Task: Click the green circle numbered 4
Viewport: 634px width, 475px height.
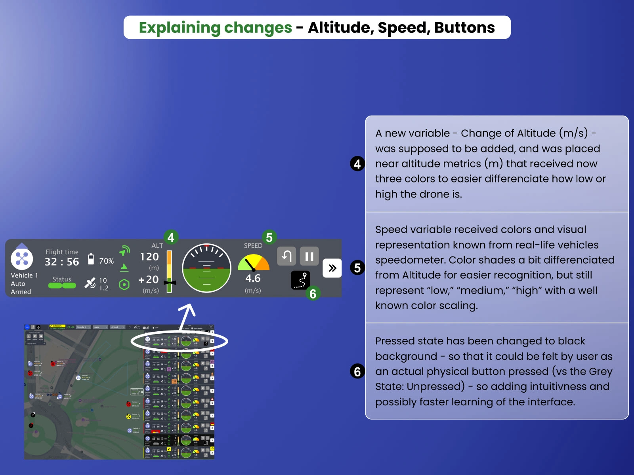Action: [171, 237]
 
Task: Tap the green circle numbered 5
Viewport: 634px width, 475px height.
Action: [269, 237]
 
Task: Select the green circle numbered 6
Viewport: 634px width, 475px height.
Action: [313, 293]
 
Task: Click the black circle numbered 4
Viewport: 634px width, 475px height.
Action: [357, 163]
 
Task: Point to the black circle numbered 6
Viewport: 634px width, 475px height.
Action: [357, 371]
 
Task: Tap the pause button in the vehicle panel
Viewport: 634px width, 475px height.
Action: [309, 256]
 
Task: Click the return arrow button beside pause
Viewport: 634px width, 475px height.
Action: [286, 256]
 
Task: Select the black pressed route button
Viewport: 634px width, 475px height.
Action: [300, 280]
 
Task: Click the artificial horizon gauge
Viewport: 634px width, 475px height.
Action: [206, 268]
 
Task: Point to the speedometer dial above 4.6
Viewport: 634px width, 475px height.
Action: [253, 262]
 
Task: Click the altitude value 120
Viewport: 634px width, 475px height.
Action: [149, 257]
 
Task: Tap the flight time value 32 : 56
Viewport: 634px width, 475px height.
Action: [62, 262]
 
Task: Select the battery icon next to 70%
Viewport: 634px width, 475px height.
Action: [91, 259]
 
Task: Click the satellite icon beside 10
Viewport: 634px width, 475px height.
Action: [90, 283]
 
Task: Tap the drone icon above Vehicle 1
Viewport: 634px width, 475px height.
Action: [22, 258]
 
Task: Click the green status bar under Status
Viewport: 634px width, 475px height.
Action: [62, 285]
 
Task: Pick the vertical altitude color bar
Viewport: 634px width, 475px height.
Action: [169, 271]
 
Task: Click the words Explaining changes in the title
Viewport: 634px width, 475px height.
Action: [215, 28]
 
